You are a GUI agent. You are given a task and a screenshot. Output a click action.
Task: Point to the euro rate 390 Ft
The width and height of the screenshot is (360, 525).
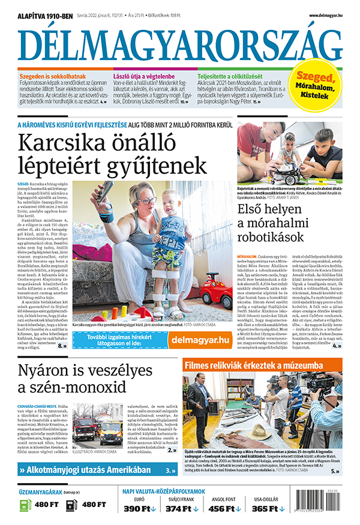click(139, 509)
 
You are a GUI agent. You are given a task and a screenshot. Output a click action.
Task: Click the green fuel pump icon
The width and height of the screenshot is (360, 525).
click(24, 505)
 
